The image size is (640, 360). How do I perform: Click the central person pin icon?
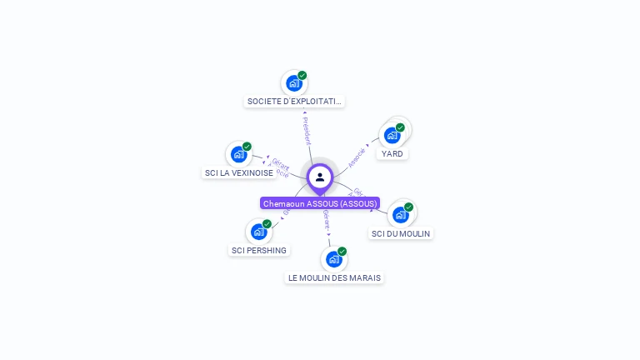(320, 177)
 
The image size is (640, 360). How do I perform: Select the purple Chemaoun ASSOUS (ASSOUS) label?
(320, 203)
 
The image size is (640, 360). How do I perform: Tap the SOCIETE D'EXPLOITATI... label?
(294, 102)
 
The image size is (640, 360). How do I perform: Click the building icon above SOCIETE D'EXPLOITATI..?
(293, 83)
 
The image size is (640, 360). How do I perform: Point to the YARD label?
(392, 154)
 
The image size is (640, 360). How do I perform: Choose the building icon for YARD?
(392, 136)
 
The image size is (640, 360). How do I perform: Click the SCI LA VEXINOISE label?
(239, 173)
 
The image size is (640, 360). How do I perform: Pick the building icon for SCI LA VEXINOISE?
(238, 154)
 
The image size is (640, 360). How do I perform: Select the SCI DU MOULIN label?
(401, 234)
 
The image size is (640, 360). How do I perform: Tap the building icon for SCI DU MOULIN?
(400, 215)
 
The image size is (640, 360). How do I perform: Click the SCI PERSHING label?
(259, 251)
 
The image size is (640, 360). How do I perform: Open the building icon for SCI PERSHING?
(258, 232)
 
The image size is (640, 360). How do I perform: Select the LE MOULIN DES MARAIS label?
(334, 277)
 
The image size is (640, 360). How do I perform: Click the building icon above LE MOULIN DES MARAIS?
(333, 259)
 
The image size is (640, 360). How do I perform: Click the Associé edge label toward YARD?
(357, 157)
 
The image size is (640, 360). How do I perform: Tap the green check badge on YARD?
(400, 127)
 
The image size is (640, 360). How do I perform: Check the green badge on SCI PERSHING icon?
(267, 223)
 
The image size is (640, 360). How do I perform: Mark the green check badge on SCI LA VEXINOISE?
(247, 146)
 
